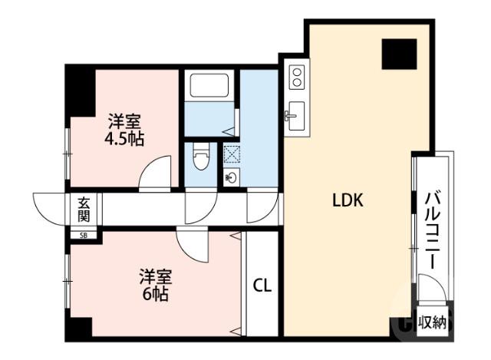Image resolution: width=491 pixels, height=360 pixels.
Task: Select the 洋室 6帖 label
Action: coord(155,284)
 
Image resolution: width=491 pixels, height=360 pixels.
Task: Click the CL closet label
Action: coord(262,286)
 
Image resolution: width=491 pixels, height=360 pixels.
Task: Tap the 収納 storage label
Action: coord(432,323)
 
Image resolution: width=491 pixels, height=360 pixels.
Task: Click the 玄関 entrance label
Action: coord(83,208)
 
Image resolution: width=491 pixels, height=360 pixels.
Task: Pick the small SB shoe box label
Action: coord(83,236)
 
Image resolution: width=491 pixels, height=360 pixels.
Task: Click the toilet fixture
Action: coord(202,159)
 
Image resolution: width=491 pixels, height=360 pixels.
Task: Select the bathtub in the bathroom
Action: coord(209,85)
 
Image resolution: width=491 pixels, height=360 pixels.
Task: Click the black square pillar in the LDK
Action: coord(400,54)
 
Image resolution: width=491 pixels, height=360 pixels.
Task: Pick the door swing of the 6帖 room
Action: coord(192,246)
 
